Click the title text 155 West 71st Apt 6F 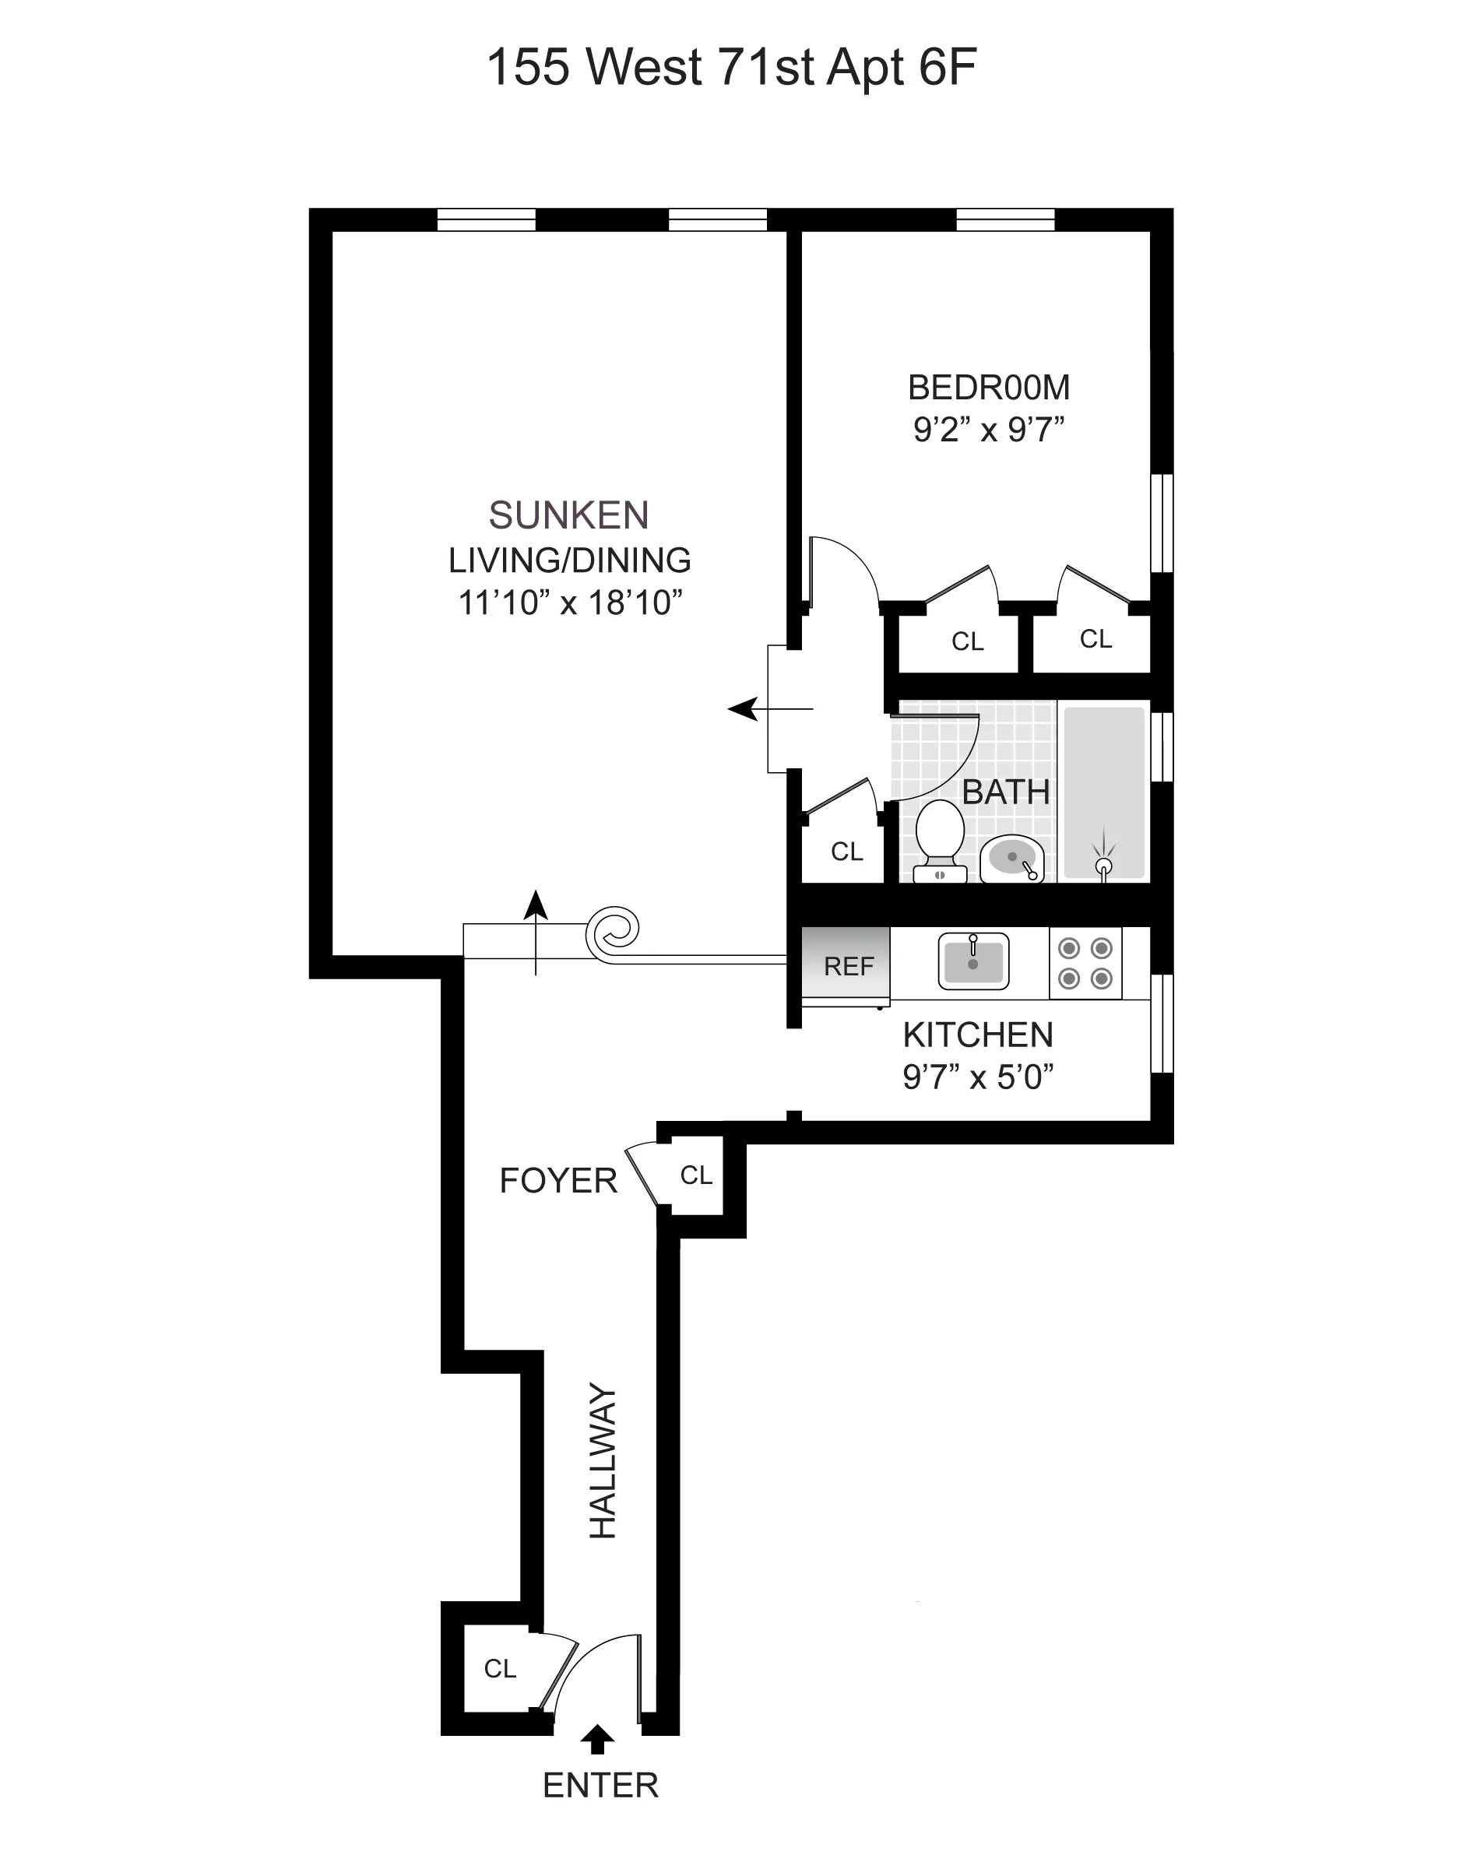coord(732,67)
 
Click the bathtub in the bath coord(1103,792)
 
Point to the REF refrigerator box coord(847,965)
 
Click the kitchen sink coord(973,961)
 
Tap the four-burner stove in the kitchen coord(1085,963)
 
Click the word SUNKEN coord(568,515)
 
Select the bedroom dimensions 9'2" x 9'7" coord(989,429)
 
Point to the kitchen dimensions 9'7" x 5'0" coord(977,1077)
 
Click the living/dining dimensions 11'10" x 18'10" coord(570,603)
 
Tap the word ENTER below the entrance coord(600,1785)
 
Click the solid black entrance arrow coord(598,1739)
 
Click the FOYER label coord(557,1181)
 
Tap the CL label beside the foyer coord(696,1175)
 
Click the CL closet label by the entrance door coord(500,1669)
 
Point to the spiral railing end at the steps coord(613,933)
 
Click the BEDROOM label coord(989,388)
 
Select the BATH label coord(1006,792)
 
